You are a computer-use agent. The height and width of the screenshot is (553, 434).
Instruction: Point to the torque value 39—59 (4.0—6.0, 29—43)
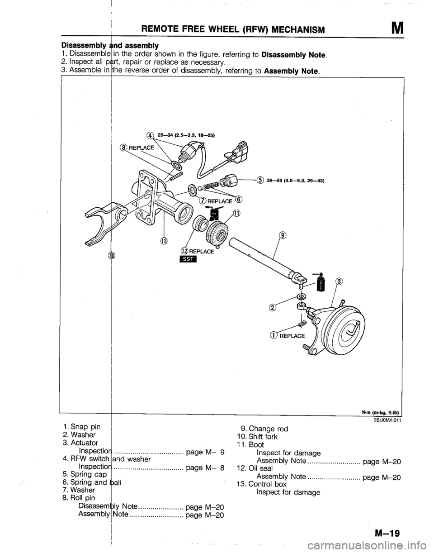click(297, 179)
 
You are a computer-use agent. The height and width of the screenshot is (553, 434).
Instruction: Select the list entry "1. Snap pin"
click(82, 426)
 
